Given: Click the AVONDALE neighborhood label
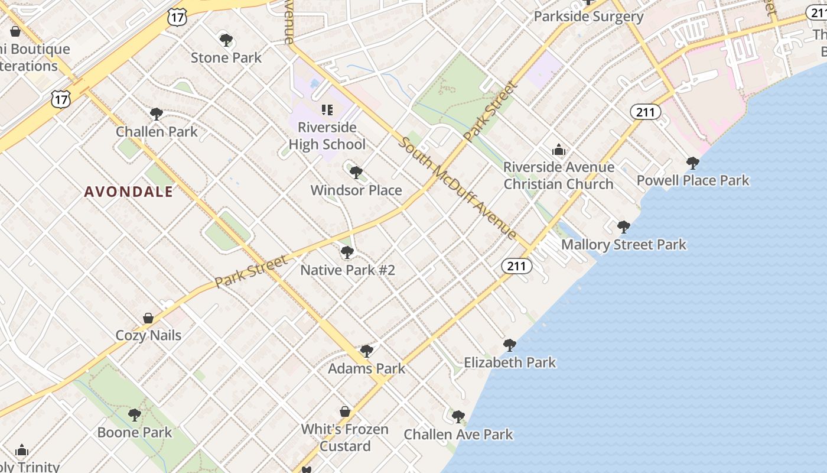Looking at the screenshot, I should (129, 192).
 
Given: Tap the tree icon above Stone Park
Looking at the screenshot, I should (226, 40).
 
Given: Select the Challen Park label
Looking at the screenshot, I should (157, 131).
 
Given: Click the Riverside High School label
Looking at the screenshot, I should (327, 136).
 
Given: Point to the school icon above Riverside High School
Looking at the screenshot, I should (327, 109).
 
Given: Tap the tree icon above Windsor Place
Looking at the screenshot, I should (356, 173).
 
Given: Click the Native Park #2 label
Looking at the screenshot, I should (347, 270).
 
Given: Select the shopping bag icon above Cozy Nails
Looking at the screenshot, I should (148, 318).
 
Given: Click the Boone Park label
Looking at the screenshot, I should (135, 432).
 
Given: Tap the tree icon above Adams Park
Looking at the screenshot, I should (366, 351).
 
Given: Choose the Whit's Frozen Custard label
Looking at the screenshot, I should (345, 438).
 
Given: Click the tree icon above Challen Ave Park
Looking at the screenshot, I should (458, 417).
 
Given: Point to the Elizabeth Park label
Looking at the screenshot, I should (510, 362).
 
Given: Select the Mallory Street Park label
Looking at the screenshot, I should (623, 245).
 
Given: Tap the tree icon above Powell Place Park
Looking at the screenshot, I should (692, 163).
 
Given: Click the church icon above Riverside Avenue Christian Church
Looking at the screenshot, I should (558, 150).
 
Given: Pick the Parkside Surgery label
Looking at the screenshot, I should (588, 17).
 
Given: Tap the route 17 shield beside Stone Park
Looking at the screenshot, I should (177, 17).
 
